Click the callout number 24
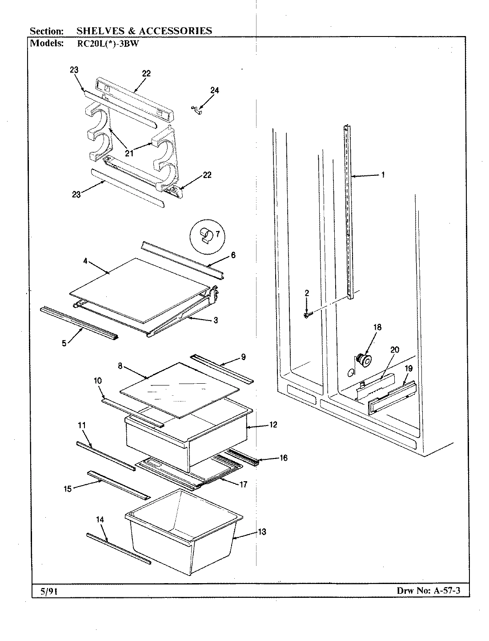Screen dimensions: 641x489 coord(214,90)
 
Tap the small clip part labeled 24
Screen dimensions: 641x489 coord(196,110)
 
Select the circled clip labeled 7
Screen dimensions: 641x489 coord(207,236)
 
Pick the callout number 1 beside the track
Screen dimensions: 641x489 coord(383,175)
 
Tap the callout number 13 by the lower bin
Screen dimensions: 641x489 coord(262,532)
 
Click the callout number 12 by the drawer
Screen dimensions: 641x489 coord(273,425)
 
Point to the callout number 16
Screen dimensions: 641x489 coord(283,458)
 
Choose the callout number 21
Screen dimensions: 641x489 coord(129,154)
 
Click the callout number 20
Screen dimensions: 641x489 coord(395,349)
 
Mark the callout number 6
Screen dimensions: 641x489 coord(233,255)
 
